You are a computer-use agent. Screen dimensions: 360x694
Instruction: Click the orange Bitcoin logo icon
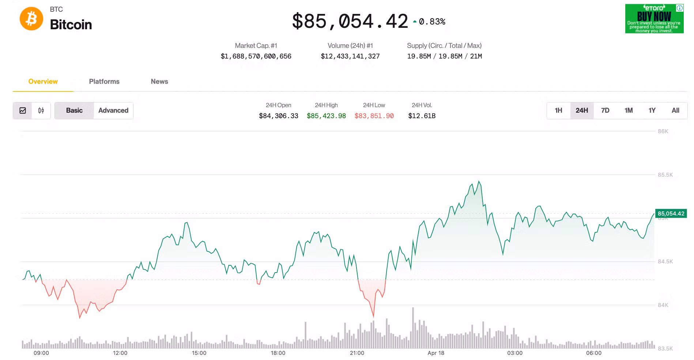click(31, 19)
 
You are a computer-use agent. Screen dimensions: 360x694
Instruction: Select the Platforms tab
click(104, 82)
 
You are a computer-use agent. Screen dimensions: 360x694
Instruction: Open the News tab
click(159, 82)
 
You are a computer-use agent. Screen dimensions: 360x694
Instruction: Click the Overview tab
click(43, 82)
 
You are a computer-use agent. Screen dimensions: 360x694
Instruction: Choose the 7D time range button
click(605, 110)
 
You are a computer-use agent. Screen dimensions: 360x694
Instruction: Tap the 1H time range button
click(558, 110)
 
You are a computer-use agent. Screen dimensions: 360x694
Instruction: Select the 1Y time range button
click(652, 110)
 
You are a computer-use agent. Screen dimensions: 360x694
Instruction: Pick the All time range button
click(675, 110)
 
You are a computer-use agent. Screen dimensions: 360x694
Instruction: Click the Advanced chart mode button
click(113, 110)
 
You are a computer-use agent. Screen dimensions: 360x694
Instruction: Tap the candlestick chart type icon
click(41, 110)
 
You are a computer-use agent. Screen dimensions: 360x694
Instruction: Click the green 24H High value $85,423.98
click(326, 116)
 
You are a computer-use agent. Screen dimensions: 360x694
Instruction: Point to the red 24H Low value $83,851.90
click(374, 116)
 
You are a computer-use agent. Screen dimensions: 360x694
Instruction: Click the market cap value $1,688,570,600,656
click(256, 56)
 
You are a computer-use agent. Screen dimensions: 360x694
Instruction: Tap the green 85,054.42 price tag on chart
click(671, 214)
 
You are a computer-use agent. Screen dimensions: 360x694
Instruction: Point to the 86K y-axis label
click(663, 131)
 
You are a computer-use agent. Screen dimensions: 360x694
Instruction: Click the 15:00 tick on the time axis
click(199, 353)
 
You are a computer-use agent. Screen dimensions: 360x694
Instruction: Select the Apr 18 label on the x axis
click(436, 353)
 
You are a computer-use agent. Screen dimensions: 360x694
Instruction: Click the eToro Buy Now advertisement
click(654, 19)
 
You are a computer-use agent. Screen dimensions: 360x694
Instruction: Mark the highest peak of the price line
click(479, 181)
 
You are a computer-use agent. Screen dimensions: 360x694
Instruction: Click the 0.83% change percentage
click(432, 22)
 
